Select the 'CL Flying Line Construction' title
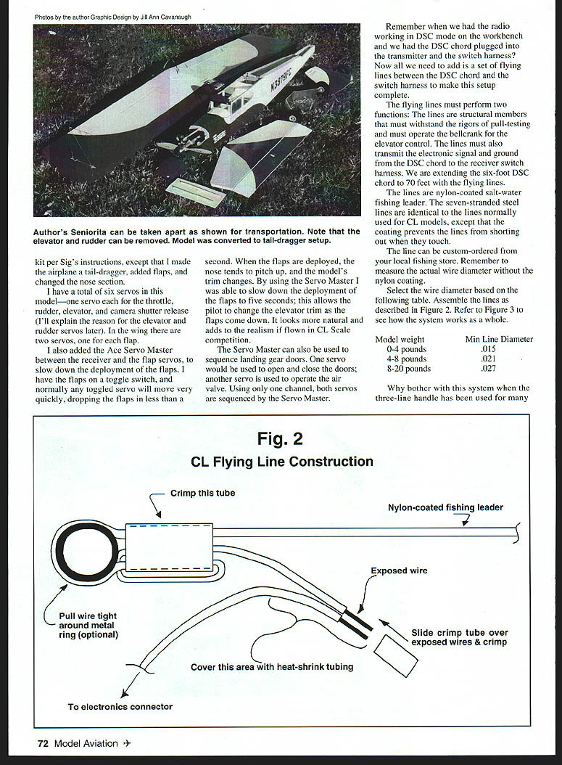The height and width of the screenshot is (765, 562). click(281, 462)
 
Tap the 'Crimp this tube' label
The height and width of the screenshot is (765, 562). click(202, 493)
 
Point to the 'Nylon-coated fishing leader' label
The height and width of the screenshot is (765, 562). click(445, 507)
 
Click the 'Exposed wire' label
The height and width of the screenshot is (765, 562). click(399, 570)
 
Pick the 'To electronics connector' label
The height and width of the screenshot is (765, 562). click(120, 706)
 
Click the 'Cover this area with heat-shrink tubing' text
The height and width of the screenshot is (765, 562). click(272, 666)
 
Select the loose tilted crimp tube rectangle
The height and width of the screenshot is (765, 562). click(395, 655)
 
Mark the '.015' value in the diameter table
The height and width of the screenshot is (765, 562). click(488, 349)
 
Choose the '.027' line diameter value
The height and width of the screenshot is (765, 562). click(488, 368)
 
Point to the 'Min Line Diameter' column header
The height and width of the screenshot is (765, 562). click(499, 339)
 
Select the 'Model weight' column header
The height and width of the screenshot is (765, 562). click(400, 339)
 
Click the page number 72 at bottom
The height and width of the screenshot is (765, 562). click(43, 742)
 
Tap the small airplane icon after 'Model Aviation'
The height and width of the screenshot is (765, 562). click(127, 742)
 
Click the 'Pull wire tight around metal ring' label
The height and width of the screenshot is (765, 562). click(88, 625)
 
